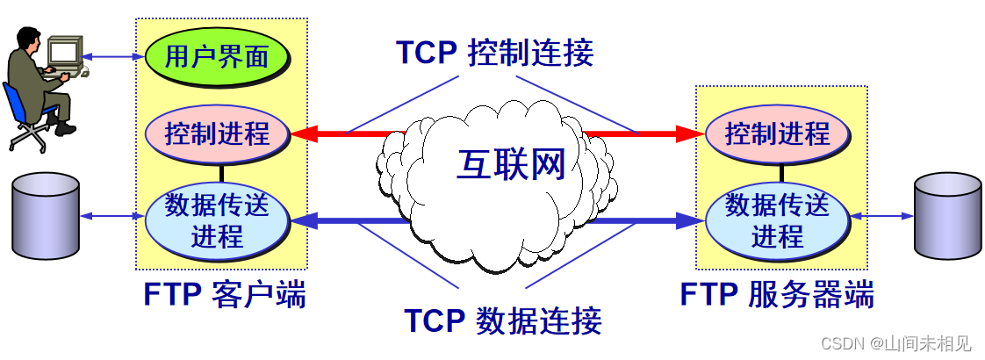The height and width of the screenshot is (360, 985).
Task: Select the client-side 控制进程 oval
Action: [x=217, y=134]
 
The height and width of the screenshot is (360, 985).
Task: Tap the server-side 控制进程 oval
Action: [x=777, y=134]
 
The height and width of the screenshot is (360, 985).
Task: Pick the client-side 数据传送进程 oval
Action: [x=217, y=220]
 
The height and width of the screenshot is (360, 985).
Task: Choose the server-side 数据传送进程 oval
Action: [x=777, y=220]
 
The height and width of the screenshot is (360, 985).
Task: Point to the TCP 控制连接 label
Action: [x=494, y=53]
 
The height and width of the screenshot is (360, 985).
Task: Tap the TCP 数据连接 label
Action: [x=502, y=320]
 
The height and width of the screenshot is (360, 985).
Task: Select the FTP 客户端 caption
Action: [x=225, y=294]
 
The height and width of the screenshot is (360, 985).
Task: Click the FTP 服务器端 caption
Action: [x=777, y=294]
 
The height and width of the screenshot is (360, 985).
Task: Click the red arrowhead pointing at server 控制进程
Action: [x=690, y=134]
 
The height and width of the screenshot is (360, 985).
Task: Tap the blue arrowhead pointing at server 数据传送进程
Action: [x=690, y=220]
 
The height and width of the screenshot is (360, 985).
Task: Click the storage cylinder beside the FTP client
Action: [x=46, y=215]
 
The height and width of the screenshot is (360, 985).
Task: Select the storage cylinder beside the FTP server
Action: [x=947, y=215]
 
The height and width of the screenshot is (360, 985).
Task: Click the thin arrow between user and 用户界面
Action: [x=111, y=57]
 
